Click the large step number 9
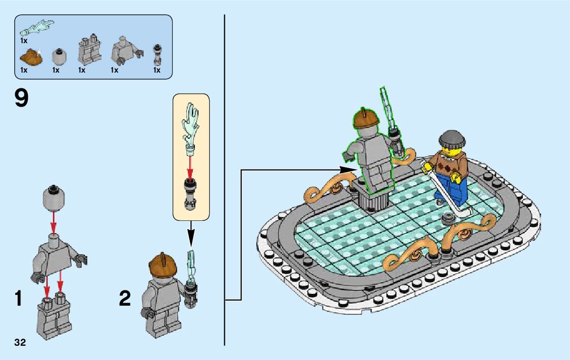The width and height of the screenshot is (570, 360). (x=21, y=98)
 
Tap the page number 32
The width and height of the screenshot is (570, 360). (x=20, y=342)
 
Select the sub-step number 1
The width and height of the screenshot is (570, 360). (x=18, y=299)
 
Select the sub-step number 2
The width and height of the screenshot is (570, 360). (x=125, y=299)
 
